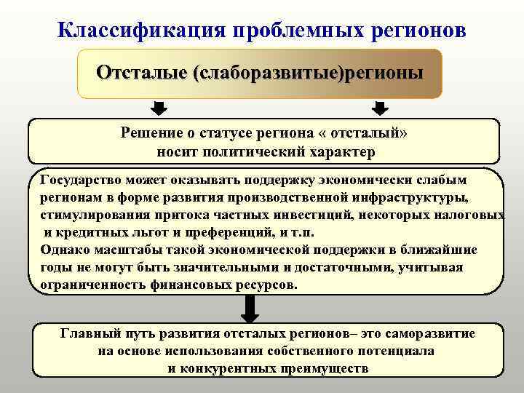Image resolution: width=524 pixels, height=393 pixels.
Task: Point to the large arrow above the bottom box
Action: click(x=250, y=309)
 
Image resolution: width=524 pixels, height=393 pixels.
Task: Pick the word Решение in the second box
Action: click(x=151, y=133)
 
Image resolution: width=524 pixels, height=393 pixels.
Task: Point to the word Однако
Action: click(x=64, y=250)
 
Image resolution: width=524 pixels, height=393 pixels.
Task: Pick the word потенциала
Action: click(x=397, y=351)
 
